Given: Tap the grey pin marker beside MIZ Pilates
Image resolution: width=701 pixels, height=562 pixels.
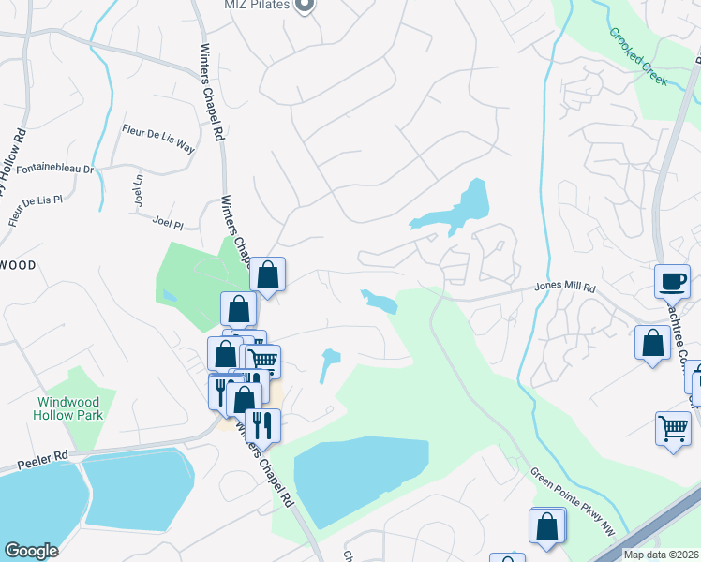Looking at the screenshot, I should pos(304,5).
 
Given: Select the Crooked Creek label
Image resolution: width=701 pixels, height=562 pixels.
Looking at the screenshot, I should pos(638,56).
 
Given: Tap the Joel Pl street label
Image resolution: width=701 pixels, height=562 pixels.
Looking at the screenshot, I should pos(168,223).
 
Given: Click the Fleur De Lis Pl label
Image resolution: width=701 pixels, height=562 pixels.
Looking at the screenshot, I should pos(35,212).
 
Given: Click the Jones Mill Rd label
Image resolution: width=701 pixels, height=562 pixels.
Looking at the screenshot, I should pos(565,288).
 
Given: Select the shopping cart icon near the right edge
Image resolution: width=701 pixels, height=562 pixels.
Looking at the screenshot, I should pos(673,429).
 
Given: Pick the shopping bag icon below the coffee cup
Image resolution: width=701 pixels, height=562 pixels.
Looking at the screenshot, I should pos(651,342).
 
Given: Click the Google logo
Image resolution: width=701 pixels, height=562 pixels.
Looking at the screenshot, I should pos(31,551).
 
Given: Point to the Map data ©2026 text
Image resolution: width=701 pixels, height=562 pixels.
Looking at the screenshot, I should pos(661,555).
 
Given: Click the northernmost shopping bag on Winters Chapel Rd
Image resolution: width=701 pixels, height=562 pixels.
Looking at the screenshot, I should pos(268,274).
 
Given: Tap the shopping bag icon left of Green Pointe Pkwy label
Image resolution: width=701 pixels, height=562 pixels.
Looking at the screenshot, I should pos(547,526).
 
